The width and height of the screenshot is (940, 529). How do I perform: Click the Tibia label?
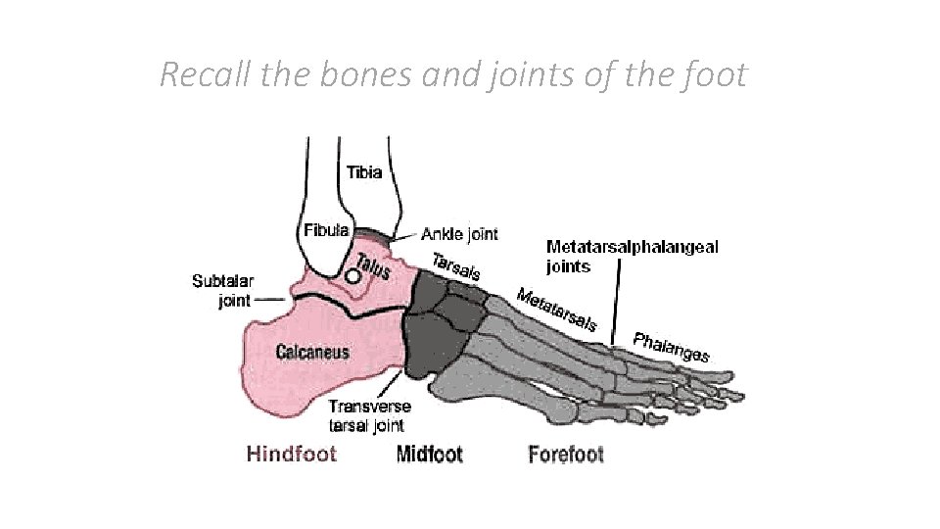365,173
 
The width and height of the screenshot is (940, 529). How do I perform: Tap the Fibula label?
326,231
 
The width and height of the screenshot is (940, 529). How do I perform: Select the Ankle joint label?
459,234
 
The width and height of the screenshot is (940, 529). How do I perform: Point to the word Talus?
372,264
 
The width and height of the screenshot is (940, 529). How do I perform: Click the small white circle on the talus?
352,277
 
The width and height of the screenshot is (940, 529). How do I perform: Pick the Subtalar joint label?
223,291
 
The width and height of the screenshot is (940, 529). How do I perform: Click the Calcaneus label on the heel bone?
312,352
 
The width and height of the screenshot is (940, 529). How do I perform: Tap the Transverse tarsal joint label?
369,415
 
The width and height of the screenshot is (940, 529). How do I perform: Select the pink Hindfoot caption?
292,454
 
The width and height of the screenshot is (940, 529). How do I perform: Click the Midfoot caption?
430,454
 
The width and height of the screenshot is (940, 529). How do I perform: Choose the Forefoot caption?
566,454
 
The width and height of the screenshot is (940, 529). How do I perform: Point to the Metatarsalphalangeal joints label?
631,256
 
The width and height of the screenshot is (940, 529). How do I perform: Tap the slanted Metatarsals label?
556,308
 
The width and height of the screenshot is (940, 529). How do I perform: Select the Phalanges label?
672,347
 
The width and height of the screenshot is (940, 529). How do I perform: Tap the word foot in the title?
716,74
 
